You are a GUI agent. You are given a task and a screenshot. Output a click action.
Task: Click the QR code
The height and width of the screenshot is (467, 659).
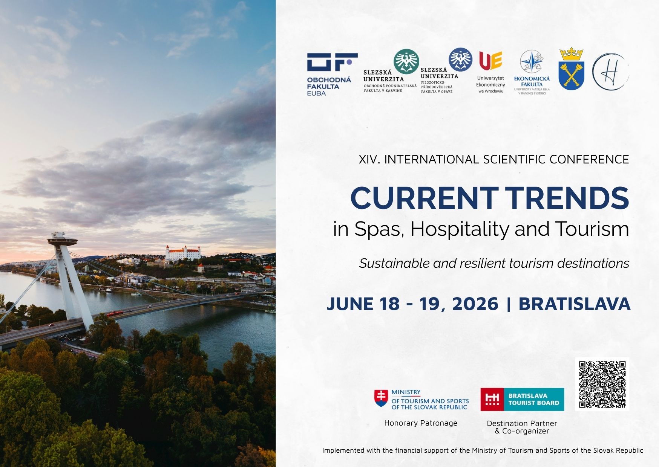pyautogui.click(x=602, y=384)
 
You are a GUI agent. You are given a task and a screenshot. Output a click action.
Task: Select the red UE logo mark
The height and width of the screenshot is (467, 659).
pyautogui.click(x=490, y=61)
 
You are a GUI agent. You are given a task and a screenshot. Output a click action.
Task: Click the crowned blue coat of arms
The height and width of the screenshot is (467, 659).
pyautogui.click(x=571, y=69)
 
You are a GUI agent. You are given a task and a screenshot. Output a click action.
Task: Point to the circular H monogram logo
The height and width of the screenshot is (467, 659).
pyautogui.click(x=610, y=72)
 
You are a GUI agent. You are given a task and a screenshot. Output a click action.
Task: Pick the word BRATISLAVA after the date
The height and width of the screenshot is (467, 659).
pyautogui.click(x=574, y=304)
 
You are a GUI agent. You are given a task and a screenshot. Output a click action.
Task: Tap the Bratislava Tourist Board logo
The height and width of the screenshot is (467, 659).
pyautogui.click(x=522, y=399)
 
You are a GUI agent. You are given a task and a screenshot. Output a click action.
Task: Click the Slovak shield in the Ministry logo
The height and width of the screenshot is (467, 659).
pyautogui.click(x=381, y=398)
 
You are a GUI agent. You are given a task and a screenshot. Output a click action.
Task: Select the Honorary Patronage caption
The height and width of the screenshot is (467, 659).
pyautogui.click(x=421, y=423)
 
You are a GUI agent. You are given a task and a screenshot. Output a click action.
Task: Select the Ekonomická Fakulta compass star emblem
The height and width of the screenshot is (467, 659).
pyautogui.click(x=532, y=61)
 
